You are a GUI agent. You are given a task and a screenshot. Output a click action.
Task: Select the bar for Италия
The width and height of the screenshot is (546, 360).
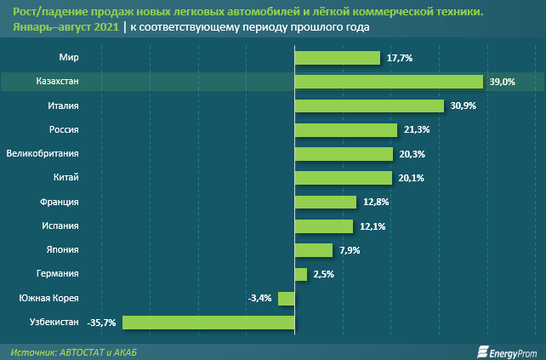click(369, 106)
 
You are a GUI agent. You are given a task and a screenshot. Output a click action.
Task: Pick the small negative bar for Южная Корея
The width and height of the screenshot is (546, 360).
click(286, 299)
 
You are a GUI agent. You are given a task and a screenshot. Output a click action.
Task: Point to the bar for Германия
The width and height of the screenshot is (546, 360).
click(300, 274)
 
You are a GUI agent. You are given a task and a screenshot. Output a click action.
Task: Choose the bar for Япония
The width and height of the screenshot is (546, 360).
click(313, 250)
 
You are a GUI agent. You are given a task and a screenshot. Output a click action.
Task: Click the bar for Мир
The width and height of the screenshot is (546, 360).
click(337, 58)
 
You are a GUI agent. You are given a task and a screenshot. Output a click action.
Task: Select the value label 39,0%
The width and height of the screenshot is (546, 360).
click(503, 82)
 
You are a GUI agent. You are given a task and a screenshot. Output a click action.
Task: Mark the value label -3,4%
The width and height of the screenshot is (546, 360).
click(259, 299)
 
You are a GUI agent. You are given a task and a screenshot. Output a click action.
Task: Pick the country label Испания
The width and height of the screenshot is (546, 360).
click(60, 226)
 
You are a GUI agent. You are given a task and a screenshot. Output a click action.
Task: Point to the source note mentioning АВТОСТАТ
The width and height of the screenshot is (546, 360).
click(75, 351)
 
